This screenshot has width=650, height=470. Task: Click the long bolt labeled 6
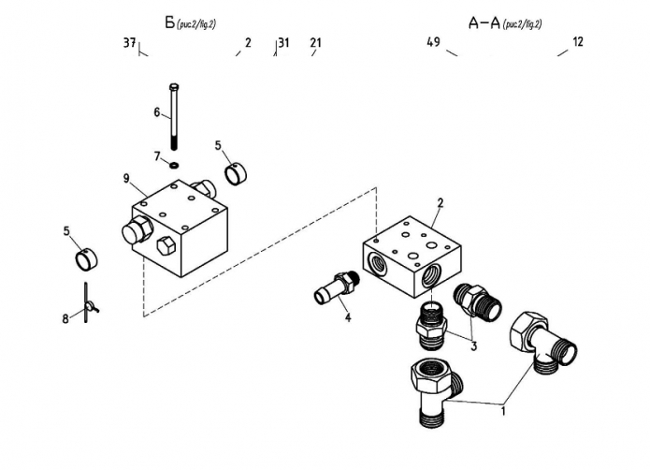tap(174, 116)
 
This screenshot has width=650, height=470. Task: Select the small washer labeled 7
tap(174, 165)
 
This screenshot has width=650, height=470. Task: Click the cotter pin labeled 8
tap(89, 304)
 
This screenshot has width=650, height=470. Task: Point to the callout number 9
tap(126, 179)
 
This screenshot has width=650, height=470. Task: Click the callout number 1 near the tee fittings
tap(503, 412)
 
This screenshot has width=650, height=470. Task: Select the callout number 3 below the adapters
tap(473, 345)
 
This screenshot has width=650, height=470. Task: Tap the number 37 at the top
tap(130, 42)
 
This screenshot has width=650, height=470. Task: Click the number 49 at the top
tap(434, 42)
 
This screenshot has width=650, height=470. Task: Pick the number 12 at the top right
tap(578, 41)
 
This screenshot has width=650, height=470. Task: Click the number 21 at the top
tap(315, 42)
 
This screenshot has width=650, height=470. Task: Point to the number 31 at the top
tap(284, 42)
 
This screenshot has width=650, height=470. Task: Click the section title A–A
tap(484, 23)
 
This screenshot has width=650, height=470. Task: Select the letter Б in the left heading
tap(170, 22)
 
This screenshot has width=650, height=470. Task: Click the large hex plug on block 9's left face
tap(137, 229)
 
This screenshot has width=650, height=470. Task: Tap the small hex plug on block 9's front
tap(166, 245)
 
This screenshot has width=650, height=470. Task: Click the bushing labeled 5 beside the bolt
tap(236, 174)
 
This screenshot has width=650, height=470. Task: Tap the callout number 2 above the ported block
tap(441, 203)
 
